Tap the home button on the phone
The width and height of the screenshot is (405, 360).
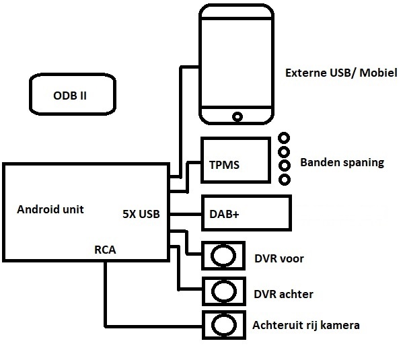[237, 116]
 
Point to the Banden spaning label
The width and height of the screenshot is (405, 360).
[342, 162]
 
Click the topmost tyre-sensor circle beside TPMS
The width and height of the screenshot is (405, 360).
[284, 137]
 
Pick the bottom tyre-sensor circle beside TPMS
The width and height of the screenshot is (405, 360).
[284, 180]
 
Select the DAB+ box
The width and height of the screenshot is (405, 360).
[246, 215]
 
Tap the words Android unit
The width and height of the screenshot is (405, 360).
[50, 209]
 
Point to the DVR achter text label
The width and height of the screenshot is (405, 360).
[283, 294]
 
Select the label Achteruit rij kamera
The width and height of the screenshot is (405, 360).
[306, 326]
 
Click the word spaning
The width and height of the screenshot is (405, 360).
[361, 163]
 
